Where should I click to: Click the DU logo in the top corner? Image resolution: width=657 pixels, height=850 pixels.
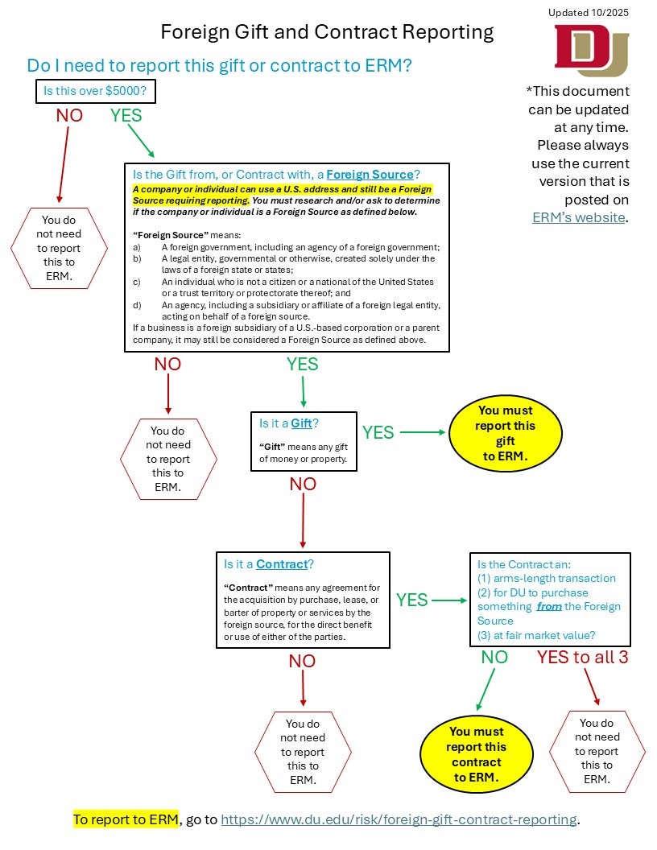click(591, 50)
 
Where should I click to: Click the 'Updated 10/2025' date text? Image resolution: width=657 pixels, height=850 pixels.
click(589, 12)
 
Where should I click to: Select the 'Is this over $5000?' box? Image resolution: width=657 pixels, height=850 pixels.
click(95, 92)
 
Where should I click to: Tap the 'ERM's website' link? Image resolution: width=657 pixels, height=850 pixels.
click(578, 217)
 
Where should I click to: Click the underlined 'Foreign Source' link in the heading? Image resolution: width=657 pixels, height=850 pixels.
click(370, 174)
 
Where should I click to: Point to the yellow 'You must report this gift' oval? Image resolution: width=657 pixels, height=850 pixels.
click(505, 433)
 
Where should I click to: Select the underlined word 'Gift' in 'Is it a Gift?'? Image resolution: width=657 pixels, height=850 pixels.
click(301, 423)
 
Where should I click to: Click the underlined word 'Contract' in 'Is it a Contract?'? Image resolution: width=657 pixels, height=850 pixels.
click(282, 564)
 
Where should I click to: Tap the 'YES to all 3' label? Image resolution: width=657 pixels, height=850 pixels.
click(582, 657)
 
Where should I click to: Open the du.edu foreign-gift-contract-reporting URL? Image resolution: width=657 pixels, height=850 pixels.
click(399, 819)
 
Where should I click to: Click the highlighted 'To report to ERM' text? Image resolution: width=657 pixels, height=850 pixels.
click(126, 819)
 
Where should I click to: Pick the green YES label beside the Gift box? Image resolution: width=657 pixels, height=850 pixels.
click(378, 432)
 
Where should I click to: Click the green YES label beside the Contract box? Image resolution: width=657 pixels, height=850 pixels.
click(411, 600)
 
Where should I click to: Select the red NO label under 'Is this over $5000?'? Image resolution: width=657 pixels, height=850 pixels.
click(69, 115)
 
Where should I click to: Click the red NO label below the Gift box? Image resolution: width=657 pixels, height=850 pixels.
click(303, 484)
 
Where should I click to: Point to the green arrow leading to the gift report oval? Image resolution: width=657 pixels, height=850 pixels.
click(422, 432)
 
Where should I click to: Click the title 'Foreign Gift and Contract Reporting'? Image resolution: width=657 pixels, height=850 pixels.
click(327, 32)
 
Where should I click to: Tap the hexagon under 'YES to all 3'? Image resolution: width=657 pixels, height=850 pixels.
click(597, 751)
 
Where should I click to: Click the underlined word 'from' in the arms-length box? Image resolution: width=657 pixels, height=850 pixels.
click(548, 606)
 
